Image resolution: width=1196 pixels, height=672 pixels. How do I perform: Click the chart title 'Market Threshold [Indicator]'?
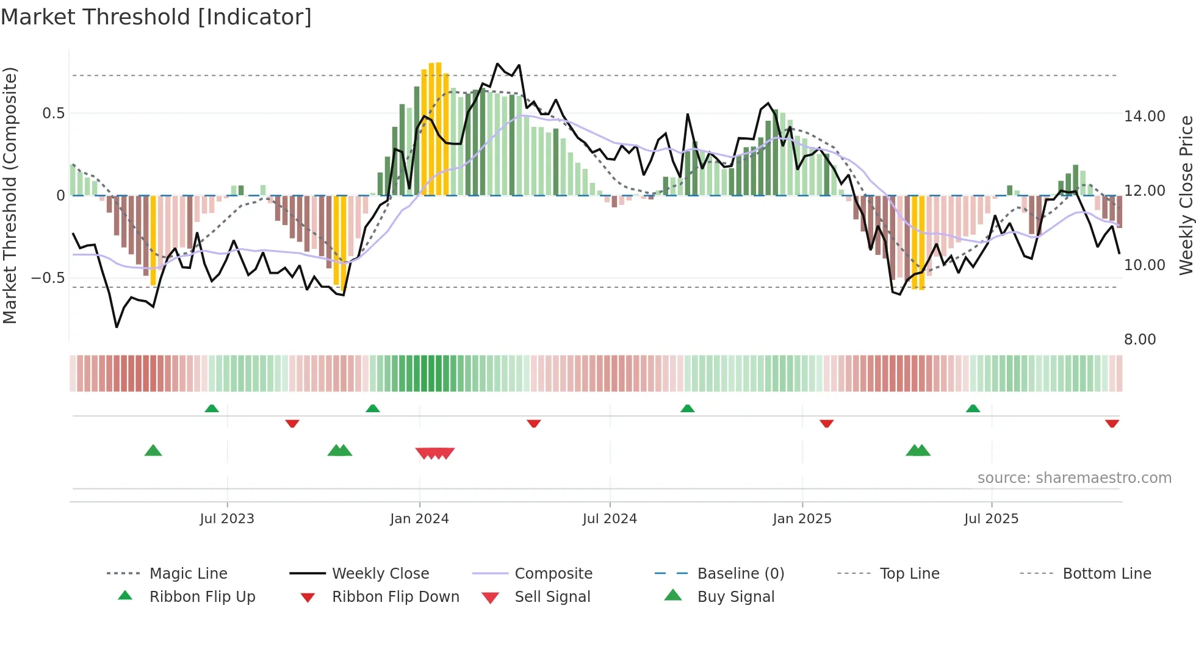[x=156, y=17]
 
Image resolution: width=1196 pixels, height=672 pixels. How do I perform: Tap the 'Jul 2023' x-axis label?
[x=227, y=519]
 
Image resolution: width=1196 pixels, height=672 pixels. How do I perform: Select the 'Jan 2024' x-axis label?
[x=419, y=519]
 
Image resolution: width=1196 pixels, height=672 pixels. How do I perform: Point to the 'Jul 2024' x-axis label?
[x=610, y=519]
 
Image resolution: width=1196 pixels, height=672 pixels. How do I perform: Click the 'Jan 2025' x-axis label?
[x=802, y=519]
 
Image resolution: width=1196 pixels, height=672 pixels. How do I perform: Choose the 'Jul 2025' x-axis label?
[x=992, y=519]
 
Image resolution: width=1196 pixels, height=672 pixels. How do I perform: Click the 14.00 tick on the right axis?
[x=1145, y=116]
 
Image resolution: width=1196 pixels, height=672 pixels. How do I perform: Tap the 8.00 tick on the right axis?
[x=1140, y=340]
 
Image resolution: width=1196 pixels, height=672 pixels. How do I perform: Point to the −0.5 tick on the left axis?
[x=48, y=278]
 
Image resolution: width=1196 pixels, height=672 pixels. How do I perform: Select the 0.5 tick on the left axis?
[x=53, y=113]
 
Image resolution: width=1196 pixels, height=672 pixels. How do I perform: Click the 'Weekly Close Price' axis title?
[x=1186, y=195]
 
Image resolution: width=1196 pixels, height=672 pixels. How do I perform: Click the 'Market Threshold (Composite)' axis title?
[x=10, y=195]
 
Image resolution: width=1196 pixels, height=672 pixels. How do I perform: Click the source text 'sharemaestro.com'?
[x=1074, y=478]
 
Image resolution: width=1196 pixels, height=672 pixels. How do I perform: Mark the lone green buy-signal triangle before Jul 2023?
[x=153, y=451]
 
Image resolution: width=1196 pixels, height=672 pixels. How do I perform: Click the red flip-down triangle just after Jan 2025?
[x=827, y=423]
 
